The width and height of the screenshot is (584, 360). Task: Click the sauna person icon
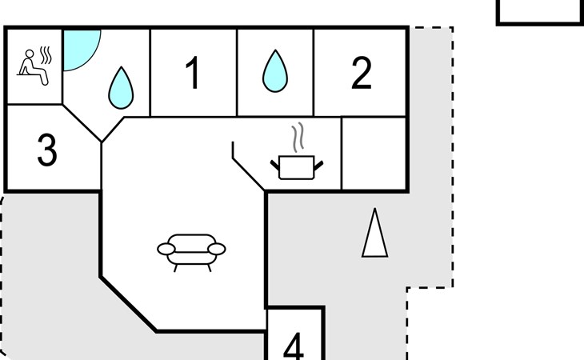[x=34, y=66]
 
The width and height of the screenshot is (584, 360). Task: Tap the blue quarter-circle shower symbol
[x=79, y=48]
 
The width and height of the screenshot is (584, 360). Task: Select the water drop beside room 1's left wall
[x=121, y=88]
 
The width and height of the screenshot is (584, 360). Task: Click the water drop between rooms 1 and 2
[x=275, y=70]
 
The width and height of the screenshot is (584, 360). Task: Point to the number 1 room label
[x=193, y=73]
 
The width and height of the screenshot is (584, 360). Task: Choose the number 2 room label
[x=362, y=73]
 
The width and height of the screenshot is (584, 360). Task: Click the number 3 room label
[x=47, y=150]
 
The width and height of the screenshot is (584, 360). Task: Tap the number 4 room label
[x=294, y=346]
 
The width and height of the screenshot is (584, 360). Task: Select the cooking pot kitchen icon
[x=297, y=167]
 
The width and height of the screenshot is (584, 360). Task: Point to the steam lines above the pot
[x=298, y=138]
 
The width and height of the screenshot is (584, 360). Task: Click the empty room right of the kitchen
[x=374, y=154]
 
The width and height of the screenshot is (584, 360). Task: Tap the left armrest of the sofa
[x=166, y=249]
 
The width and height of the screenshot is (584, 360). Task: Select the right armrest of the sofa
[x=216, y=249]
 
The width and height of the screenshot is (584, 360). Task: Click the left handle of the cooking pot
[x=275, y=165]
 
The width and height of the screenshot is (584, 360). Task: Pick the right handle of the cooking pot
[x=319, y=165]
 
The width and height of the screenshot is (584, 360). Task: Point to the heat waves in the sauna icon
[x=46, y=55]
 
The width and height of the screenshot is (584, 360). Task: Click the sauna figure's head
[x=30, y=54]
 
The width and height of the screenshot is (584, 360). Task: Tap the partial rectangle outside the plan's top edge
[x=540, y=13]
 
